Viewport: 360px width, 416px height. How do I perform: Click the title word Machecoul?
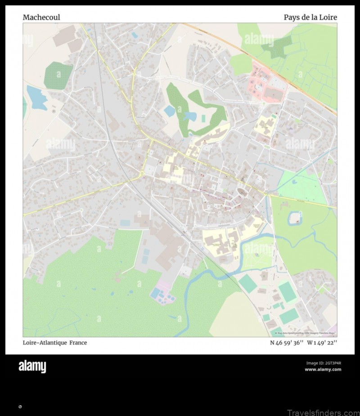[x=41, y=18]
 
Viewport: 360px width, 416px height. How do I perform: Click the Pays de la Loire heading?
[x=310, y=18]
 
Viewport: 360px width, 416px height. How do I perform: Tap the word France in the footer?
[x=78, y=343]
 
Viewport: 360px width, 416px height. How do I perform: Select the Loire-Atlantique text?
[x=44, y=343]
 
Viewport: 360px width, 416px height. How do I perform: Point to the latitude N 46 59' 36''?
[x=287, y=343]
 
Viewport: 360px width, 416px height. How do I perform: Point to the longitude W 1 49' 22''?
[x=322, y=343]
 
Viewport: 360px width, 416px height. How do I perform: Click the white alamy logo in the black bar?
[x=32, y=367]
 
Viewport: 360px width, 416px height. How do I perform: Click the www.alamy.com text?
[x=323, y=370]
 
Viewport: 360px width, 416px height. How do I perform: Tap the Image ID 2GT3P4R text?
[x=324, y=363]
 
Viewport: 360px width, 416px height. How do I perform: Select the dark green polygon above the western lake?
[x=58, y=75]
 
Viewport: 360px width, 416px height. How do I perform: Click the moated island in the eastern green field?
[x=295, y=219]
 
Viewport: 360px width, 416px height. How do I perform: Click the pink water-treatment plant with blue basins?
[x=162, y=294]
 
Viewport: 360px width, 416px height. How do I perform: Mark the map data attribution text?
[x=306, y=333]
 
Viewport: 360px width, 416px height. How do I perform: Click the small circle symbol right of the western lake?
[x=54, y=111]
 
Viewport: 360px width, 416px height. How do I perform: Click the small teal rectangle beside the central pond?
[x=203, y=118]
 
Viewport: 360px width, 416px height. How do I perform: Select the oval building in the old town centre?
[x=243, y=192]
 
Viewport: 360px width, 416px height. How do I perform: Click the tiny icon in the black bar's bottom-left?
[x=20, y=407]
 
